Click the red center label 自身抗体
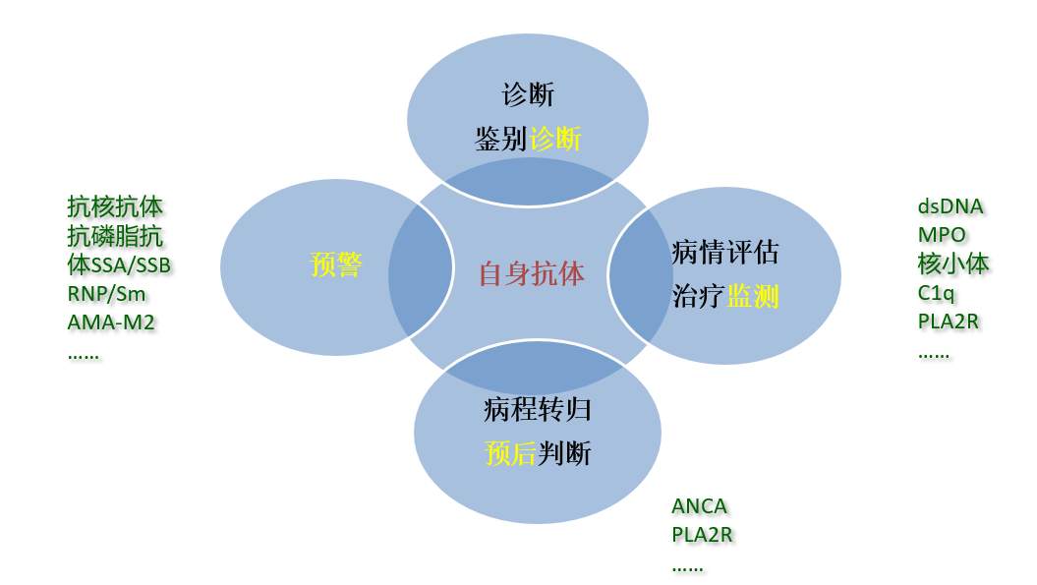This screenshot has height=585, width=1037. (531, 273)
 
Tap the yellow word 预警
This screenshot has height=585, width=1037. (336, 265)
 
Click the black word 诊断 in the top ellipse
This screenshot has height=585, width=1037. (528, 94)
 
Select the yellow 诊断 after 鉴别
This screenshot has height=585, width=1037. (555, 139)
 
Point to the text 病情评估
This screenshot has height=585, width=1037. (725, 252)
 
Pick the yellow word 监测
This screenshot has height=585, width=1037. (753, 296)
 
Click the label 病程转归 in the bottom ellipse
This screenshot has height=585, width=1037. (538, 409)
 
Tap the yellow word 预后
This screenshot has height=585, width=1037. (510, 453)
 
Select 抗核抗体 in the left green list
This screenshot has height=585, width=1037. (115, 206)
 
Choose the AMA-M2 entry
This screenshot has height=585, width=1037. (111, 322)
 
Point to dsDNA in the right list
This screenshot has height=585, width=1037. (950, 206)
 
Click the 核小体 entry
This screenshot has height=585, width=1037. (953, 263)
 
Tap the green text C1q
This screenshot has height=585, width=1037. (936, 292)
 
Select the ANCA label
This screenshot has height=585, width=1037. (699, 506)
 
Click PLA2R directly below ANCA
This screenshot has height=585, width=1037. (702, 535)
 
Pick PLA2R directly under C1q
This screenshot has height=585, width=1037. (948, 321)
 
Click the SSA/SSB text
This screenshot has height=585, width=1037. (131, 265)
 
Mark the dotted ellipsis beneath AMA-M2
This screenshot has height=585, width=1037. (83, 353)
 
